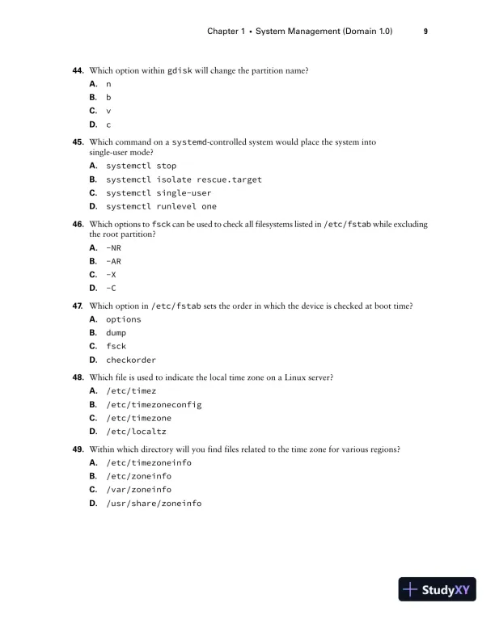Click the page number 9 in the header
coord(425,32)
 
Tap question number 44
coord(78,70)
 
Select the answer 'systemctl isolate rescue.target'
coord(184,179)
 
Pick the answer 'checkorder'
coord(131,360)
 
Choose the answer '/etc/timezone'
coord(138,418)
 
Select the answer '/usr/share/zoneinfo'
coord(154,503)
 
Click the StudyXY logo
coord(438,589)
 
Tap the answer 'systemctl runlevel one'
coord(161,206)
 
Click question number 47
coord(78,306)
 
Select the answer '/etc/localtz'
coord(136,432)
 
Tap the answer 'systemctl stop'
coord(141,166)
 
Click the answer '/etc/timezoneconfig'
coord(154,404)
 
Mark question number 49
coord(78,449)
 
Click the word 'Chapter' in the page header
coord(223,32)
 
